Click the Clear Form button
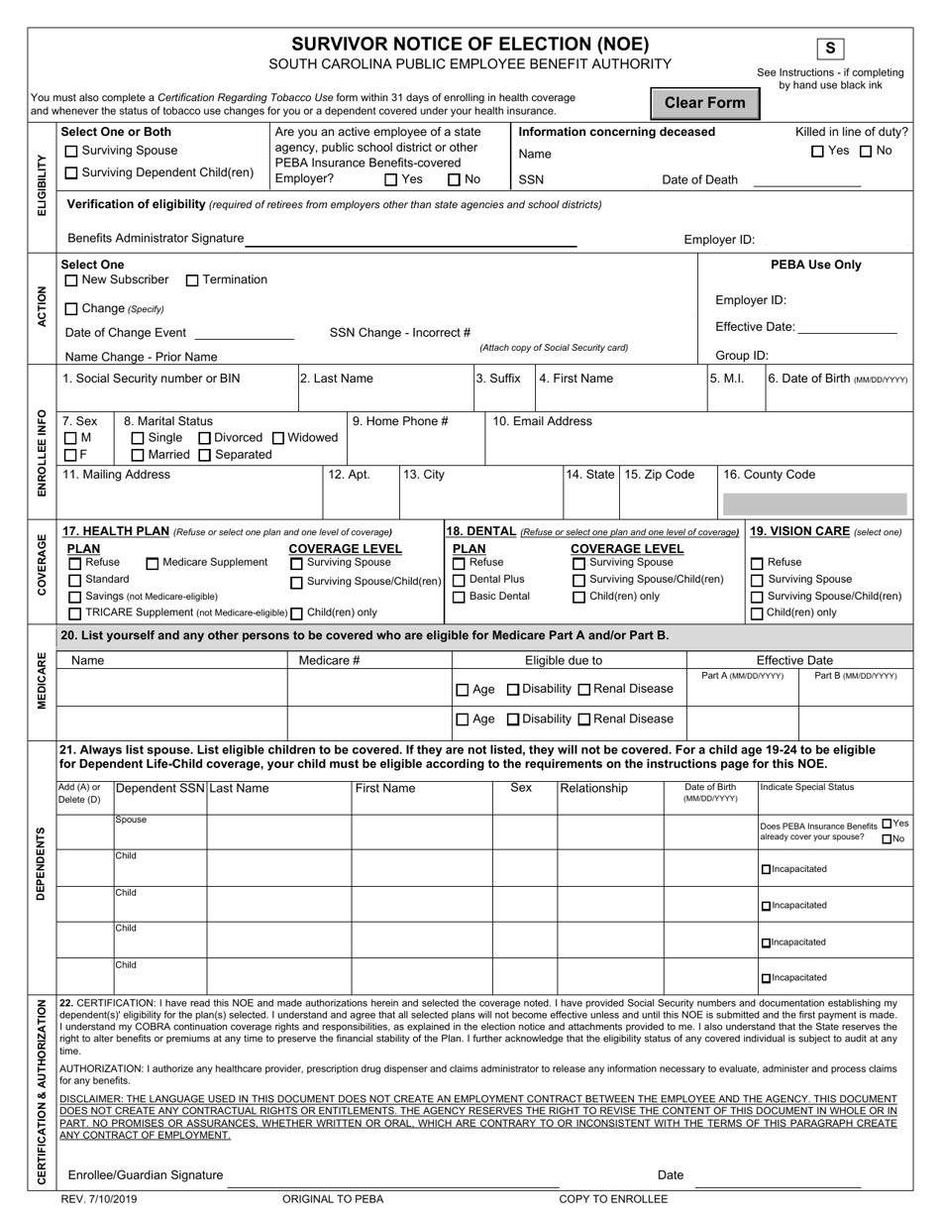(704, 103)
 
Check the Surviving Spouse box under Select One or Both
(71, 152)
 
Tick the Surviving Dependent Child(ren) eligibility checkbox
(71, 173)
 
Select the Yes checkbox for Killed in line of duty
(817, 152)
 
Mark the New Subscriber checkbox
(71, 280)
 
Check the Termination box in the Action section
(192, 280)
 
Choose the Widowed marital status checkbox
(278, 438)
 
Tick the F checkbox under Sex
(71, 455)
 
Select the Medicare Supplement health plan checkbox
(153, 563)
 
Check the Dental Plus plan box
(459, 580)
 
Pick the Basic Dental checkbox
(459, 597)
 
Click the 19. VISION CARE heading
(799, 531)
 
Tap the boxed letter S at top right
(830, 49)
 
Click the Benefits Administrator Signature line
(411, 239)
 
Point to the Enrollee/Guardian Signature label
(146, 1175)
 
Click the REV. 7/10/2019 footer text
(99, 1199)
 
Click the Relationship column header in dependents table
(594, 789)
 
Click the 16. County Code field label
(770, 475)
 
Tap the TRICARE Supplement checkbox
(75, 613)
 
